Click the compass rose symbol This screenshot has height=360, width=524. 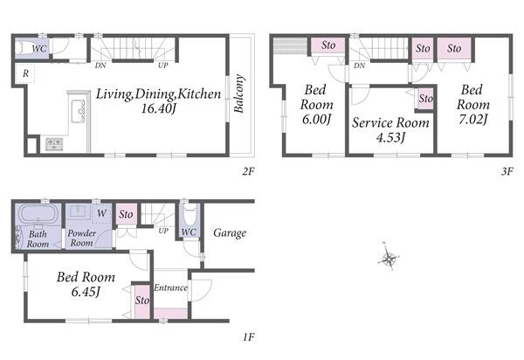pyautogui.click(x=389, y=257)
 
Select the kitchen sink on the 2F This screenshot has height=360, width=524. pyautogui.click(x=79, y=111)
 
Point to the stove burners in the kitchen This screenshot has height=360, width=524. pyautogui.click(x=54, y=143)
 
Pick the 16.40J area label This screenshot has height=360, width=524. pyautogui.click(x=158, y=108)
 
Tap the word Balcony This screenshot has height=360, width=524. pyautogui.click(x=239, y=93)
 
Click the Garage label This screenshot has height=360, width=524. pyautogui.click(x=230, y=232)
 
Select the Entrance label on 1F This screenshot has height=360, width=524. pyautogui.click(x=170, y=287)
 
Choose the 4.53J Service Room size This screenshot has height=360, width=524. pyautogui.click(x=391, y=137)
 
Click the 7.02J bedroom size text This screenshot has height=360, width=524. pyautogui.click(x=473, y=119)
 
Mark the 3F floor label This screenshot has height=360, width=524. pyautogui.click(x=507, y=171)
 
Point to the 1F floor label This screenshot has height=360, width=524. pyautogui.click(x=249, y=337)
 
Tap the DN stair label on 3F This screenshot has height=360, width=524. pyautogui.click(x=359, y=66)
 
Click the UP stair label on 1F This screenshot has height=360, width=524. pyautogui.click(x=163, y=231)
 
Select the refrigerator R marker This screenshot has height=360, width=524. pyautogui.click(x=25, y=73)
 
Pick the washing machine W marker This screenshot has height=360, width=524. pyautogui.click(x=101, y=213)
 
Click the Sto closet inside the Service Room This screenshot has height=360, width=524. pyautogui.click(x=426, y=98)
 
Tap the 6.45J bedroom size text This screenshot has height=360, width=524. pyautogui.click(x=86, y=292)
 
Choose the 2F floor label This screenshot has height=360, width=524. pyautogui.click(x=249, y=171)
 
